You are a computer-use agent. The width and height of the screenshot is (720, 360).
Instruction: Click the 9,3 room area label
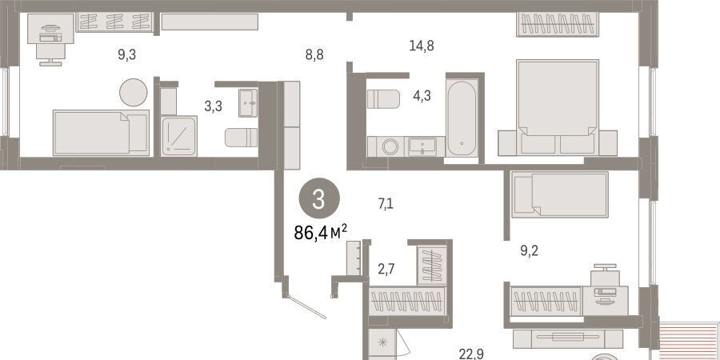point(126,55)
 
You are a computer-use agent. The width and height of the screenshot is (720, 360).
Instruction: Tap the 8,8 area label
point(314,55)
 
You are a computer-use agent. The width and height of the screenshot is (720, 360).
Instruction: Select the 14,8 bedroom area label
point(422,46)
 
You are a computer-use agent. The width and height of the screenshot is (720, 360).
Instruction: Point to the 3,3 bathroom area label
point(213,106)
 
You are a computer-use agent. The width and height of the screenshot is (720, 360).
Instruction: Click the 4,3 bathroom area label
point(422,97)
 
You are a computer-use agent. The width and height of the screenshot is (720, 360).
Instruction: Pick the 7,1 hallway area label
point(386,203)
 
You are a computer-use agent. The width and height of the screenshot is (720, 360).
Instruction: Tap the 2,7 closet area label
point(386,269)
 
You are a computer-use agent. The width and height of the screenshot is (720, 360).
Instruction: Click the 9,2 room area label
point(529,251)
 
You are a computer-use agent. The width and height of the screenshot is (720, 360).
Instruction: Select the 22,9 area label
point(471,354)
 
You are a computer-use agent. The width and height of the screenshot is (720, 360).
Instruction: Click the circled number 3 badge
point(319,199)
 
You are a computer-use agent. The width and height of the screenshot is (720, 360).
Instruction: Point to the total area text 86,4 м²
point(320,232)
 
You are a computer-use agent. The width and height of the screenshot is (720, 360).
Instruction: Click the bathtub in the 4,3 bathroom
point(462,118)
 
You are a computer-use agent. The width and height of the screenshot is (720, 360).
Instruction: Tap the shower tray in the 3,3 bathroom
point(178,136)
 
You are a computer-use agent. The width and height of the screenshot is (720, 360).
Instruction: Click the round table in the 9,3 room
point(133,92)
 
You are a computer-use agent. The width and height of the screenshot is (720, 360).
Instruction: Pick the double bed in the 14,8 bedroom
point(558,107)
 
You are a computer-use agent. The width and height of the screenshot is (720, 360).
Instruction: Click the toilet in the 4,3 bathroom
point(383,99)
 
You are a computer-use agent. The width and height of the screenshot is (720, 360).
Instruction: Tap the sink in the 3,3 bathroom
point(248,103)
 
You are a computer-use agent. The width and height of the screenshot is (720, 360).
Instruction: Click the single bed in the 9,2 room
point(560,194)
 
